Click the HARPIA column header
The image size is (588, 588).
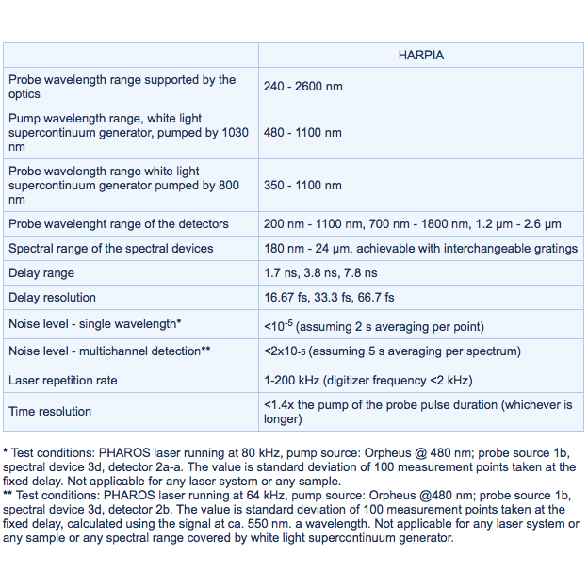[420, 56]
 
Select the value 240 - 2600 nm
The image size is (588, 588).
[302, 87]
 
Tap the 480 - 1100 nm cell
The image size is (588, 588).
[302, 133]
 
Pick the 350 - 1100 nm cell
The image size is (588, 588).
[302, 186]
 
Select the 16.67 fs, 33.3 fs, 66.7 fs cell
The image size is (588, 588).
[329, 297]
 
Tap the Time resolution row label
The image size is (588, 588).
[50, 411]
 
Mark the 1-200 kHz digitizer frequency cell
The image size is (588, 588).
[367, 380]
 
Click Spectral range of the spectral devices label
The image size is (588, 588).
[110, 248]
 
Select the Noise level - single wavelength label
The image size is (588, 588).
[94, 324]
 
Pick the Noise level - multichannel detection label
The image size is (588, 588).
[108, 351]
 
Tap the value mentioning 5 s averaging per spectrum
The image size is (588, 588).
[392, 351]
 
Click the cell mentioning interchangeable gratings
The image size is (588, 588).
[420, 248]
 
